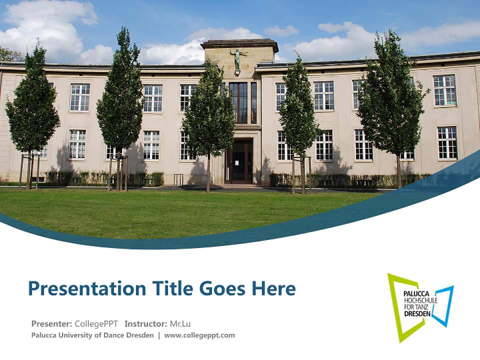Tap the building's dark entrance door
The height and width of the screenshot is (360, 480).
coord(238,161)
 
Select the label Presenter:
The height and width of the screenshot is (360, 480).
coord(51,323)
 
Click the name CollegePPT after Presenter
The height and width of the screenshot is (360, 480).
coord(96,323)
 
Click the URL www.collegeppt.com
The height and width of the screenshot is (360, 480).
coord(199,335)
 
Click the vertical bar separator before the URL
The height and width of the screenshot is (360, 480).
coord(159,335)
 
